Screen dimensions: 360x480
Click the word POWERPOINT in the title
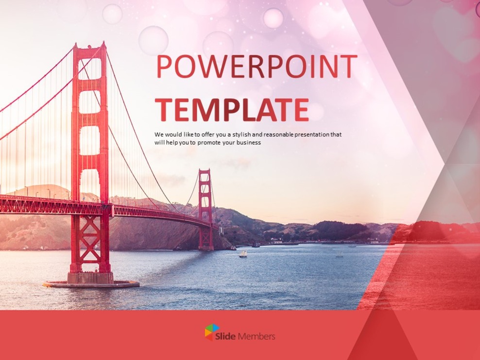tap(256, 67)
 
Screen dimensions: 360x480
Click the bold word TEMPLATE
tap(232, 110)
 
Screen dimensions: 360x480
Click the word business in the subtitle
tap(247, 143)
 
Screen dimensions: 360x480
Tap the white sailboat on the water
tap(243, 253)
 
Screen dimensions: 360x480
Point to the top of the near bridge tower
tap(90, 48)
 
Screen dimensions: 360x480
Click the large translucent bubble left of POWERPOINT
tap(153, 40)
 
